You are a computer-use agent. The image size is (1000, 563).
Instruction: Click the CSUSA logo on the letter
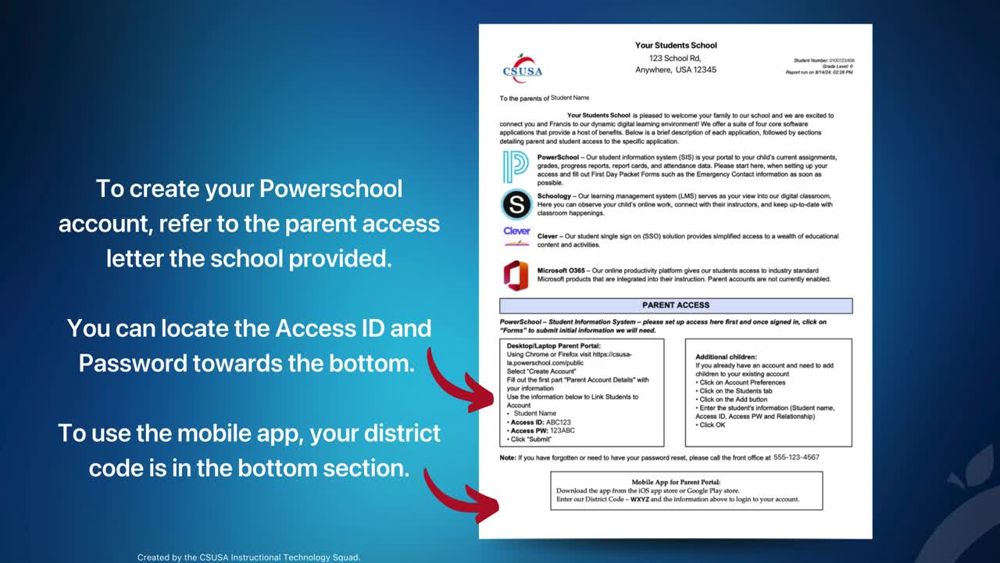(522, 68)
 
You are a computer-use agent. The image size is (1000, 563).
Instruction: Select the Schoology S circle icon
(516, 205)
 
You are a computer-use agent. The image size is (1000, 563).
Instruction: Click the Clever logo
(516, 235)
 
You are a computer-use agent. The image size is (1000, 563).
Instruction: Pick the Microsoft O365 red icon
(516, 275)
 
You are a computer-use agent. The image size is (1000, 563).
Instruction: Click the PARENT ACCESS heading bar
(676, 306)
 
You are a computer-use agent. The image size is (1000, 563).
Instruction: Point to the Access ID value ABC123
(559, 422)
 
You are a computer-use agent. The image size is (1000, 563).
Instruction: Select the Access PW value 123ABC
(563, 431)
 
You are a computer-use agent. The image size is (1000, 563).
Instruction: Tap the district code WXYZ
(640, 499)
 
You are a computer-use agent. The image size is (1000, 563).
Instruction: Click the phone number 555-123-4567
(797, 457)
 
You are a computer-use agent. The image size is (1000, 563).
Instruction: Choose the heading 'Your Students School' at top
(676, 45)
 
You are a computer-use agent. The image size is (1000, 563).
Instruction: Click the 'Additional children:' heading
(726, 357)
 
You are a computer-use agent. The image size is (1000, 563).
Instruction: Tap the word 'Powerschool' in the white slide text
(331, 189)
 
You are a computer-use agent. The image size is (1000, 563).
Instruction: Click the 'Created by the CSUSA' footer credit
(248, 558)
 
